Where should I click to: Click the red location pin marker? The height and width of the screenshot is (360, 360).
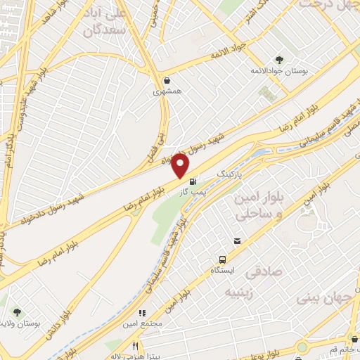coord(181,165)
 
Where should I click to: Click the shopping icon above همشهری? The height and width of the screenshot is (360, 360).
coord(166,79)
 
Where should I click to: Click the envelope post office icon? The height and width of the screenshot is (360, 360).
coord(237,241)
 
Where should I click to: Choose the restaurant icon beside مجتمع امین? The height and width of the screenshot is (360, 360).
coord(141,314)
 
